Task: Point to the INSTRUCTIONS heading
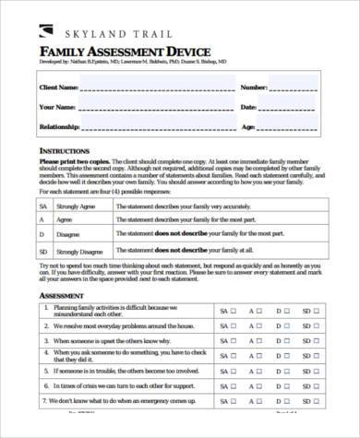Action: (x=64, y=149)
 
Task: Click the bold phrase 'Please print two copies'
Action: (x=69, y=160)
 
